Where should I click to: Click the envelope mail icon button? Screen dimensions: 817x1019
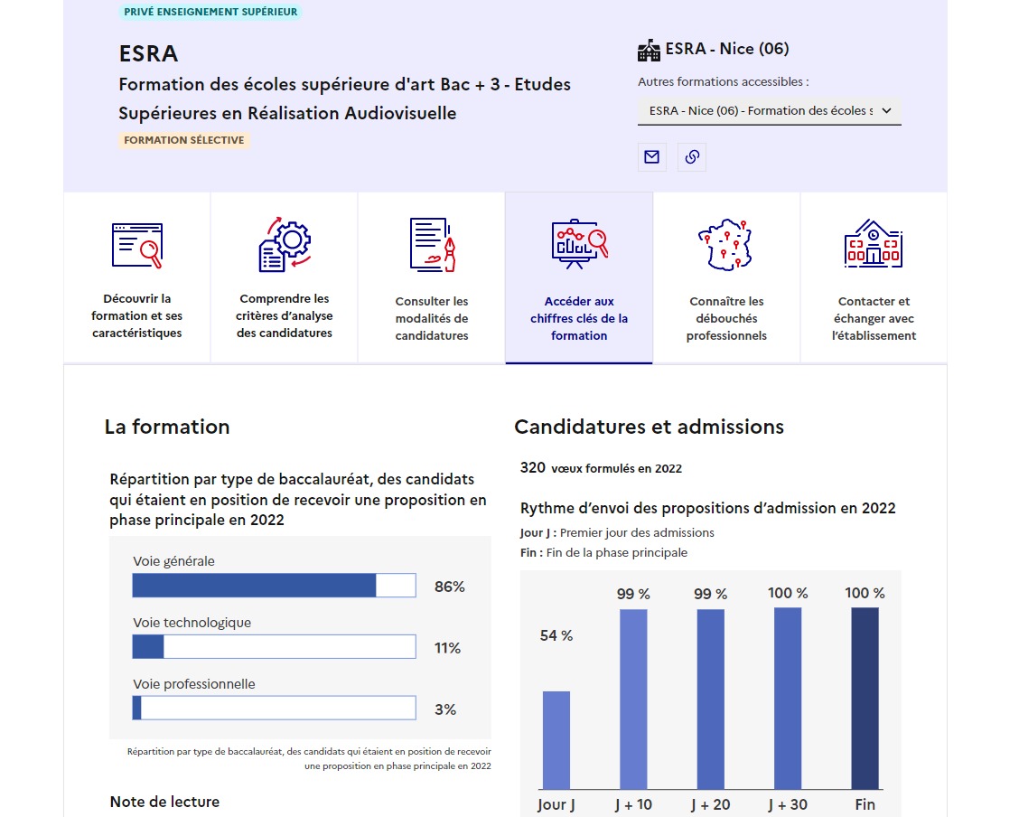coord(651,157)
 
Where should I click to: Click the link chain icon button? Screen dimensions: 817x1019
coord(692,157)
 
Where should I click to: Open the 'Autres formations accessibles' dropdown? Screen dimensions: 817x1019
coord(769,111)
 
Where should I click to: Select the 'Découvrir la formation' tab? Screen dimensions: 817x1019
coord(137,278)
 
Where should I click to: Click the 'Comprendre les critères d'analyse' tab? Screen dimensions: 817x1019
coord(285,278)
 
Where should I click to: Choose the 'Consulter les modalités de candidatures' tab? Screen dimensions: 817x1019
coord(432,278)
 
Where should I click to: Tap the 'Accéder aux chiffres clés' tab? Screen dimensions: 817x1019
coord(579,278)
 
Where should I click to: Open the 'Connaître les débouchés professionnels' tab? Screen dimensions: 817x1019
coord(726,278)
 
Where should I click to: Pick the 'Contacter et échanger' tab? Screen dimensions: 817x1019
coord(874,278)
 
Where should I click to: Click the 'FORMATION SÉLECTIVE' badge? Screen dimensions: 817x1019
coord(184,141)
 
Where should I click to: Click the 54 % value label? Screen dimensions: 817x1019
coord(556,636)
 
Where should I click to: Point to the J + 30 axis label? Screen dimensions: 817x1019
coord(788,804)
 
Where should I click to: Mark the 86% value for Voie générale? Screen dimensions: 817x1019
coord(449,587)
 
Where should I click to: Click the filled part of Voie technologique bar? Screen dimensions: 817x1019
coord(148,647)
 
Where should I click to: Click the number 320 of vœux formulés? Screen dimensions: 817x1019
coord(533,467)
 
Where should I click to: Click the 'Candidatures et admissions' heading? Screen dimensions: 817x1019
coord(649,427)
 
